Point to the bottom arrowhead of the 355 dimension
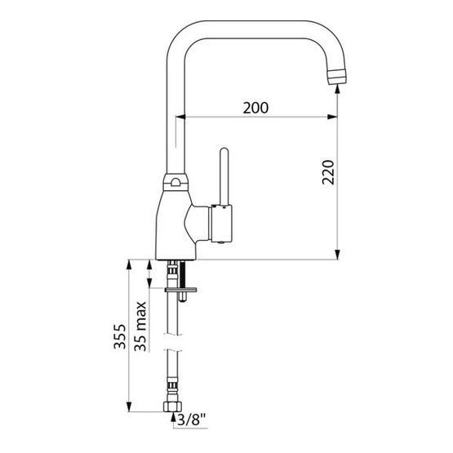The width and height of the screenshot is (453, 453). [130, 407]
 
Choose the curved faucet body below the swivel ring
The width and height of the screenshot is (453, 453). [174, 224]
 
